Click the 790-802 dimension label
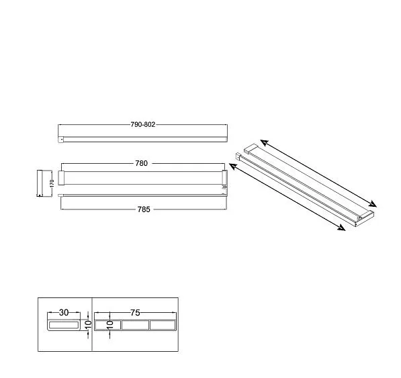click(x=143, y=124)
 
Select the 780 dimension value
click(x=142, y=163)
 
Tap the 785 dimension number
click(x=144, y=209)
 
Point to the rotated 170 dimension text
click(x=52, y=183)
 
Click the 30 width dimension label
click(x=64, y=313)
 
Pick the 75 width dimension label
click(x=135, y=313)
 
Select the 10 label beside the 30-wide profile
click(x=88, y=325)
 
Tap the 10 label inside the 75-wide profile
click(x=110, y=325)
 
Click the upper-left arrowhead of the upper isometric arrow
click(x=265, y=142)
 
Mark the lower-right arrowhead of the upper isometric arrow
click(x=372, y=203)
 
